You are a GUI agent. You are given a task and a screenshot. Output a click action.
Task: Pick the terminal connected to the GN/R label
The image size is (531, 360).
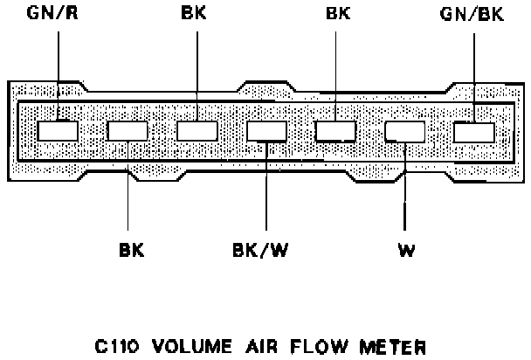tap(59, 131)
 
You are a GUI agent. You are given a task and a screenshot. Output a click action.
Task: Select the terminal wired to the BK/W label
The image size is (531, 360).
tap(266, 132)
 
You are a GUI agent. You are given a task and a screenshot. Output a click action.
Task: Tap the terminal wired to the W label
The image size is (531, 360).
tap(403, 132)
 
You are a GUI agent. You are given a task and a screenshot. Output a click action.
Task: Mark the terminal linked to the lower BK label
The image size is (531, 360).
tap(128, 132)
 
